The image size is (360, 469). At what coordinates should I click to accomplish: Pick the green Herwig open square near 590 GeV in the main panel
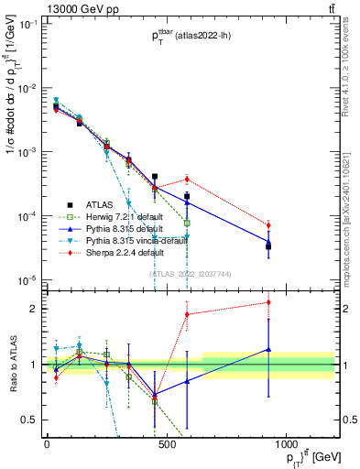pyautogui.click(x=187, y=223)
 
